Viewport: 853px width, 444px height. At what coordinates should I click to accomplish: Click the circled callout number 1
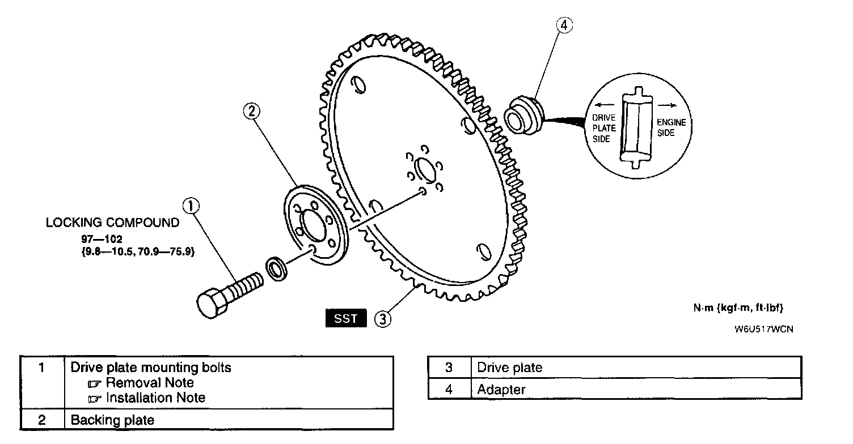(x=191, y=206)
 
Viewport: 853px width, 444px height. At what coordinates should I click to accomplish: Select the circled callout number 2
(x=251, y=112)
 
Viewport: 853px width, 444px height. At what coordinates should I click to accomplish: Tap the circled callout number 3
(x=383, y=319)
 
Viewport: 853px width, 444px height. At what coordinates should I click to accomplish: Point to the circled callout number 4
(x=564, y=25)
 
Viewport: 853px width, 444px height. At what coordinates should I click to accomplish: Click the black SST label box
(x=346, y=318)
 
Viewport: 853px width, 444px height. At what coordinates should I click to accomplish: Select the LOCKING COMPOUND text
(x=112, y=223)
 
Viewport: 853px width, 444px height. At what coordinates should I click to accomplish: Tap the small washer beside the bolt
(x=276, y=269)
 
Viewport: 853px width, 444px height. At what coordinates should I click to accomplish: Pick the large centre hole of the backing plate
(x=313, y=226)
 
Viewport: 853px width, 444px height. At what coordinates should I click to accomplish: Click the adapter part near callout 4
(x=523, y=116)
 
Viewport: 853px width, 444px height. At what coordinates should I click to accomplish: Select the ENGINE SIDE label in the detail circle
(x=671, y=127)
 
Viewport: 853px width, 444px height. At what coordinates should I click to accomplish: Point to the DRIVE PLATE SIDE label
(x=603, y=128)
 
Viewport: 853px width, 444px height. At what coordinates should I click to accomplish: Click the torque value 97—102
(x=102, y=239)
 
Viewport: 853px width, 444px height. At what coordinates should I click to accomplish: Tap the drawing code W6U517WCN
(x=763, y=329)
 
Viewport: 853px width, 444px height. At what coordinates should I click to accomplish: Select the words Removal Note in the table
(x=150, y=382)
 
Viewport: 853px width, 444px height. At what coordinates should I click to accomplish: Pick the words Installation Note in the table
(x=155, y=398)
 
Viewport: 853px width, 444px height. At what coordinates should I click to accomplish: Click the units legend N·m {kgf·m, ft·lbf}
(x=738, y=308)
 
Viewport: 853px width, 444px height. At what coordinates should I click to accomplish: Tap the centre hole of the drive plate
(x=425, y=169)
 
